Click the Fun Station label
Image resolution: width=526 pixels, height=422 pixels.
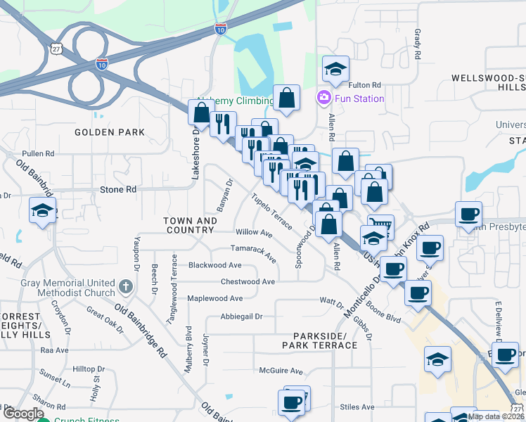tap(359, 98)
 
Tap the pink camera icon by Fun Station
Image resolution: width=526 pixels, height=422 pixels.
tap(324, 97)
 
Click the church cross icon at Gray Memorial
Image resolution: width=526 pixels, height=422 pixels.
tap(125, 286)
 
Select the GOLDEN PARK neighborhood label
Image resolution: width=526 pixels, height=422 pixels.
tap(110, 132)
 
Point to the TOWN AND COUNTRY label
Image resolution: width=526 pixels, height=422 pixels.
tap(189, 225)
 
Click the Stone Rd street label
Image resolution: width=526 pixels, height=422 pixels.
tap(117, 190)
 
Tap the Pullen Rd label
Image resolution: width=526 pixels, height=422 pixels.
tap(38, 153)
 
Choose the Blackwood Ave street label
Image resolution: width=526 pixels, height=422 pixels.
tap(215, 265)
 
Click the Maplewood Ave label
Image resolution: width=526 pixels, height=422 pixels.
tap(215, 298)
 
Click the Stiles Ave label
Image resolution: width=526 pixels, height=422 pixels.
tap(357, 407)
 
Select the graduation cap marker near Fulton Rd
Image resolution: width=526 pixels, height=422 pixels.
tap(336, 70)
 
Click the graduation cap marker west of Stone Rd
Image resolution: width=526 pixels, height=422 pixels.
tap(42, 211)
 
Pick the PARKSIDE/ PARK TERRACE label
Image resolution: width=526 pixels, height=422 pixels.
tap(319, 340)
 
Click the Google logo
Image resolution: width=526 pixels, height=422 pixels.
tap(24, 414)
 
